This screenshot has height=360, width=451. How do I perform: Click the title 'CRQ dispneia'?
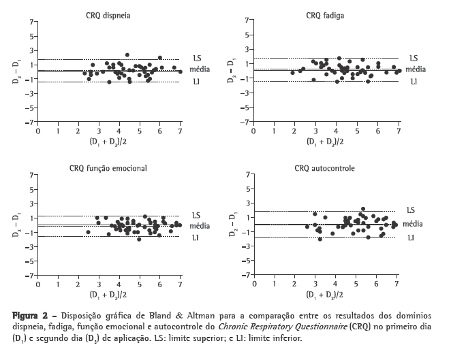109,14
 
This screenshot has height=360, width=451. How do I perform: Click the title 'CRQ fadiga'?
324,14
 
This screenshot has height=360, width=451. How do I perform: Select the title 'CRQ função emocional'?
108,167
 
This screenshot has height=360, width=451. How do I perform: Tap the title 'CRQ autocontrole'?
324,167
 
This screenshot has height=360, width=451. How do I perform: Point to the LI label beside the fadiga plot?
411,81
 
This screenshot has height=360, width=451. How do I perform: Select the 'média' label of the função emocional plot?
199,225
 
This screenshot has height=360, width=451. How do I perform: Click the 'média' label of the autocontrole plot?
413,223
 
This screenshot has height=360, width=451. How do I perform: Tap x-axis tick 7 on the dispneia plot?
180,131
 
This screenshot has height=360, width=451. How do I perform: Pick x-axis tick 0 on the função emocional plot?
37,285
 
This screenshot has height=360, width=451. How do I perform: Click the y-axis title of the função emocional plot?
15,226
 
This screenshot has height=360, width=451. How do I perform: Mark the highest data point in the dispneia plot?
127,55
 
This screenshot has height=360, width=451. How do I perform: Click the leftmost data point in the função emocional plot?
88,232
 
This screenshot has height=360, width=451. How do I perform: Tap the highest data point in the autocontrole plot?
363,209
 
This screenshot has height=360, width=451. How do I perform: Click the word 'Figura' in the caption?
25,315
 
